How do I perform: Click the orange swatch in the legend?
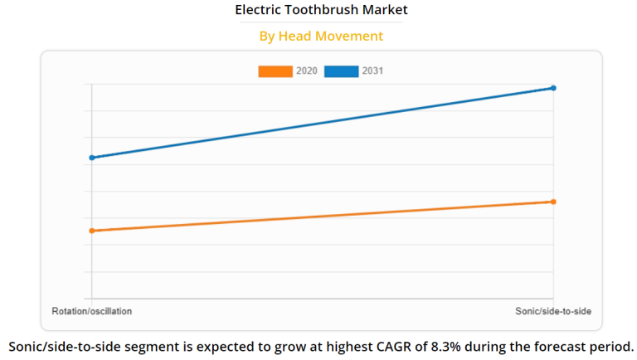[275, 71]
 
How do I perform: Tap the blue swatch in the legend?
[341, 71]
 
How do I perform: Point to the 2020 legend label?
[306, 71]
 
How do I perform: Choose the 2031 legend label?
[372, 71]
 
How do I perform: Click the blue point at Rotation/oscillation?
[92, 158]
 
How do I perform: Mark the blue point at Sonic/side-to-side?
[553, 88]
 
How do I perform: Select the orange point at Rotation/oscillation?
[92, 231]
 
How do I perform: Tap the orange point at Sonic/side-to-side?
[553, 202]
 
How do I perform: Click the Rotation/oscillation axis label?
[92, 310]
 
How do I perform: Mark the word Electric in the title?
[258, 11]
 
